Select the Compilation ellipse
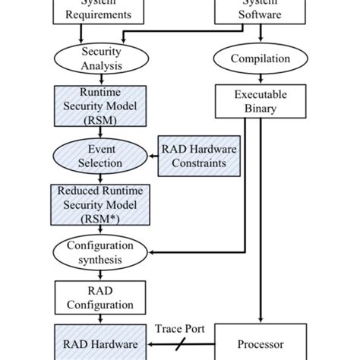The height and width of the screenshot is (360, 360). pyautogui.click(x=261, y=58)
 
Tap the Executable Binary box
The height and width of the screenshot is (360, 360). pyautogui.click(x=261, y=102)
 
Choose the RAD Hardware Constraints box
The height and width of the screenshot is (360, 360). pyautogui.click(x=197, y=156)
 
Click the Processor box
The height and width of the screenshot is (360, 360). pyautogui.click(x=261, y=342)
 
